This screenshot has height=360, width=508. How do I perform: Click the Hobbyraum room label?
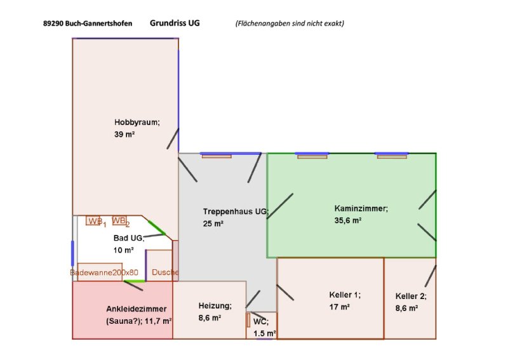click(x=137, y=122)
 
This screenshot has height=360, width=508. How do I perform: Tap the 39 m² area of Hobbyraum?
click(x=124, y=135)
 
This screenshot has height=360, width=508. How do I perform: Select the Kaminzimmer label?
click(x=361, y=208)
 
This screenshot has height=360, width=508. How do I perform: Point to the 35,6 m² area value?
click(x=348, y=220)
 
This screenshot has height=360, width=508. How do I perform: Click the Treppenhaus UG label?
click(x=236, y=211)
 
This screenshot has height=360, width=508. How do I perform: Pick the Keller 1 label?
click(x=345, y=295)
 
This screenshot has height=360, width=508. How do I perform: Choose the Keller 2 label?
click(x=411, y=296)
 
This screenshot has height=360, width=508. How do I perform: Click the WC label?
click(x=261, y=321)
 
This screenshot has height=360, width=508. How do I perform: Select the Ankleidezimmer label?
click(x=137, y=309)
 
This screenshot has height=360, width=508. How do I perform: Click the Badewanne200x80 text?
click(x=104, y=272)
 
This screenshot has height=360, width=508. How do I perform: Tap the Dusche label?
click(x=165, y=272)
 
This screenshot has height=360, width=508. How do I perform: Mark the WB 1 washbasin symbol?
click(x=95, y=221)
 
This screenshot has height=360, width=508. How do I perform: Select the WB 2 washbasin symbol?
click(x=119, y=221)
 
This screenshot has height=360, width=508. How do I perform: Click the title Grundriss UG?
click(x=175, y=22)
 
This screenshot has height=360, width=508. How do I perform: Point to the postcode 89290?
click(x=54, y=23)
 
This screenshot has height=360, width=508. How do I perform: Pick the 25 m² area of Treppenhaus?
click(x=213, y=223)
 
